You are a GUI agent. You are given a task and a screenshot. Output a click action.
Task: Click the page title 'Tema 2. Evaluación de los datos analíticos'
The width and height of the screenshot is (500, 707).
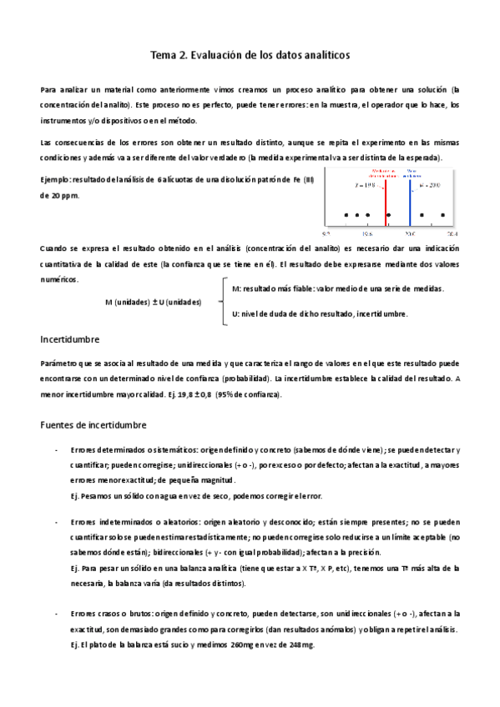(250, 55)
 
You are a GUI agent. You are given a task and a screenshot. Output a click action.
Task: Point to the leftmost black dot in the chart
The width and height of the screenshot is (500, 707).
(346, 215)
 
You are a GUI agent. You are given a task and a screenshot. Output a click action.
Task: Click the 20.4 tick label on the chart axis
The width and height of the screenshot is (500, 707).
(452, 234)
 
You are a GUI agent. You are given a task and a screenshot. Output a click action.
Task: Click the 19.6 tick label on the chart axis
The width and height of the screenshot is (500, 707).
(367, 234)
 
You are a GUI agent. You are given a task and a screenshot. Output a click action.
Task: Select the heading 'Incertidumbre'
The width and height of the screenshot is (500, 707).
(70, 340)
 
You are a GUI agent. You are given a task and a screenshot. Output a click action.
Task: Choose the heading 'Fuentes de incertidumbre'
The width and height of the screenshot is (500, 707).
(93, 425)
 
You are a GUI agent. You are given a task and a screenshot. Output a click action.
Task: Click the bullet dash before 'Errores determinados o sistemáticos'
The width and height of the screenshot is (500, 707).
(55, 450)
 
